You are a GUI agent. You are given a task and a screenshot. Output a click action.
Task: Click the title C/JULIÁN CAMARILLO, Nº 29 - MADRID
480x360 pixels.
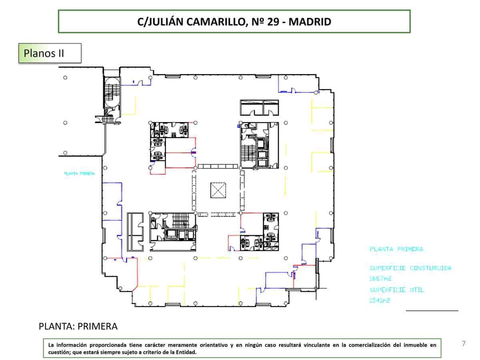[x=234, y=22]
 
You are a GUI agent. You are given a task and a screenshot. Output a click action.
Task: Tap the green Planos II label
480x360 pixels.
[x=44, y=53]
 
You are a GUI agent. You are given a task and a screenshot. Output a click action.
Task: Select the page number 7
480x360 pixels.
[x=464, y=343]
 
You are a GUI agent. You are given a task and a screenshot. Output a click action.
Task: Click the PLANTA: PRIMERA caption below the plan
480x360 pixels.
[x=78, y=326]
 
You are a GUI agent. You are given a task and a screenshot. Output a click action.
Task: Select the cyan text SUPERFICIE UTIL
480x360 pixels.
[x=396, y=290]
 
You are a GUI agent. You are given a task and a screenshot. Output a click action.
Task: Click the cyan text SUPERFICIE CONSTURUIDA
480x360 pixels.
[x=410, y=268]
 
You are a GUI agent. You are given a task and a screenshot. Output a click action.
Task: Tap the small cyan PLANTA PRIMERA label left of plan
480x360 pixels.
[x=79, y=174]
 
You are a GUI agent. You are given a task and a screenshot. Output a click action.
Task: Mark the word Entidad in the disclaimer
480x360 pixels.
[x=185, y=352]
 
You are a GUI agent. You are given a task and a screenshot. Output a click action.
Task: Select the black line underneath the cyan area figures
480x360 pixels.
[x=432, y=310]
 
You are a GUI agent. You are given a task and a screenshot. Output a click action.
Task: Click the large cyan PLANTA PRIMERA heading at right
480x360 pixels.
[x=396, y=249]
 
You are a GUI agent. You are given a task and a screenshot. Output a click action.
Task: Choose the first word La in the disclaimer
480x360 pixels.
[x=51, y=344]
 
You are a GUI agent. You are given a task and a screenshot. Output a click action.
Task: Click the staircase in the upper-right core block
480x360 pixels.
[x=248, y=152]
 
